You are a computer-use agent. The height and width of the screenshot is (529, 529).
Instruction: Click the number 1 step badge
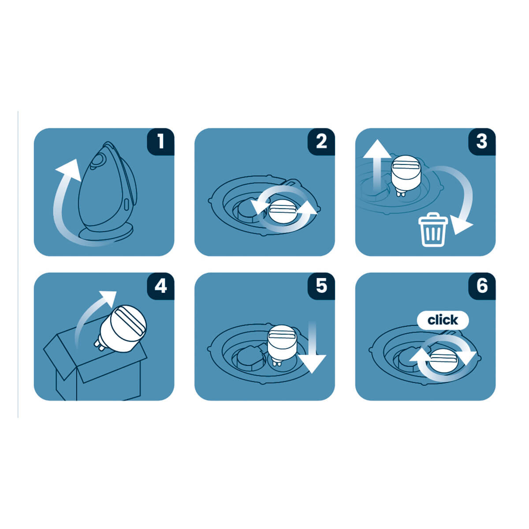point(161,142)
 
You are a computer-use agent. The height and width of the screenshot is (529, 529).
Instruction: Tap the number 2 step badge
point(321,142)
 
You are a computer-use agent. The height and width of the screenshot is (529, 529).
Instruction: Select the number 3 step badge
point(482,142)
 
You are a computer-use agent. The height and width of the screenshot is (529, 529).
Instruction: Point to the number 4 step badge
point(161,286)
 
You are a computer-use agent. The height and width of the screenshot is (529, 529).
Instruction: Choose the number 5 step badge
point(321,286)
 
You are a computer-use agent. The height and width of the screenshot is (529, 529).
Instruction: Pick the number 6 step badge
point(482,286)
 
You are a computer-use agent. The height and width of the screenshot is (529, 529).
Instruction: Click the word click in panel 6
point(443,320)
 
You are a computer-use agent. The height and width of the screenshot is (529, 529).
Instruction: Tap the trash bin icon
point(433,230)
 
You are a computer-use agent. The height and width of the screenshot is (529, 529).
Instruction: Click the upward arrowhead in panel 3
point(377,149)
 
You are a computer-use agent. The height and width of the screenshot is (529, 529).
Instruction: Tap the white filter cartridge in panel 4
point(122,328)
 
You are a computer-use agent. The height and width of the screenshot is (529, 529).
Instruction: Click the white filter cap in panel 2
point(283,213)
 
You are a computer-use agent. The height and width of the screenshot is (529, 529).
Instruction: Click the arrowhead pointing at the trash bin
point(461,224)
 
